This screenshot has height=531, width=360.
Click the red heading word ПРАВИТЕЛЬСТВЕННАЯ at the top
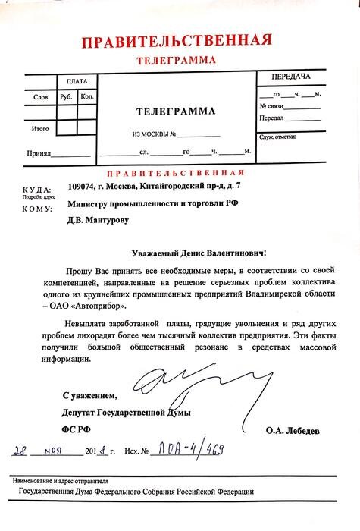tap(176, 40)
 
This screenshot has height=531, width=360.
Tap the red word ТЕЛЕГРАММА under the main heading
tap(176, 60)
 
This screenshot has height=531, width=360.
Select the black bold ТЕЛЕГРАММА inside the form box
tap(175, 111)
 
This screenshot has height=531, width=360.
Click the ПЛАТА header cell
tap(77, 81)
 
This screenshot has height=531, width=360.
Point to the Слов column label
tap(40, 97)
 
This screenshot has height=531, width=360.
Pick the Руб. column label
tap(66, 97)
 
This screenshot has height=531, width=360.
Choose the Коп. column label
tap(86, 97)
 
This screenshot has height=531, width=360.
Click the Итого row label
tap(40, 129)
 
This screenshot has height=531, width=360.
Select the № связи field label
tap(271, 106)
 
